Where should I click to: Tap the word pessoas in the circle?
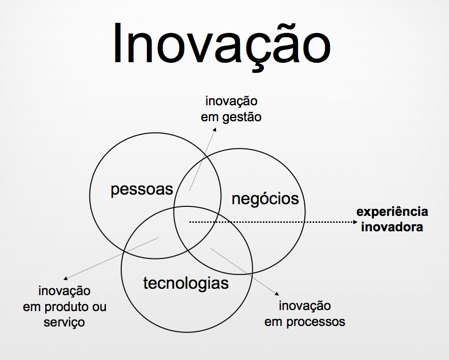pos(142,189)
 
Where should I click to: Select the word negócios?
pos(265,199)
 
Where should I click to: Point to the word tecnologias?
pos(186,283)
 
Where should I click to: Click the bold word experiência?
pos(392,212)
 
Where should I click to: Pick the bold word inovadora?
pos(392,227)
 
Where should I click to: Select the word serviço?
pos(64,322)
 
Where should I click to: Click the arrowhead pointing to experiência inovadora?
pos(356,222)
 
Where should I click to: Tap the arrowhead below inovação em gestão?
pos(215,130)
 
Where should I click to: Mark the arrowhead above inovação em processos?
pos(277,294)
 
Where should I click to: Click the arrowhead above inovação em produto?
pos(65,278)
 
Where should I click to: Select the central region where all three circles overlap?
pos(196,223)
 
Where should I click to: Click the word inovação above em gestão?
pos(231,102)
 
